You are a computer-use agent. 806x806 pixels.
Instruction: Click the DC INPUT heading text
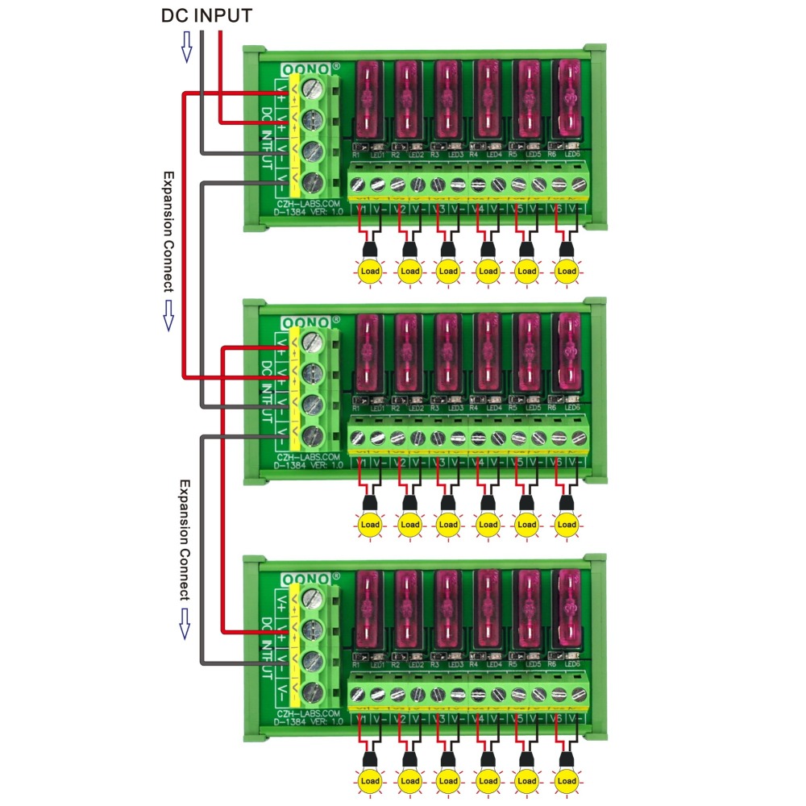coord(206,15)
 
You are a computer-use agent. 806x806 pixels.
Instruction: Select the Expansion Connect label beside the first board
coord(168,231)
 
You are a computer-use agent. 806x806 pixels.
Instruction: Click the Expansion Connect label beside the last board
coord(184,539)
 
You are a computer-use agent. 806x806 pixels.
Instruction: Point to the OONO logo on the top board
coord(306,70)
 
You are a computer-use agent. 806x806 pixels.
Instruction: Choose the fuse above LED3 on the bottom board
coord(448,609)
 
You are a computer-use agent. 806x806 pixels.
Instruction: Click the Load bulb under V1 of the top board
coord(370,271)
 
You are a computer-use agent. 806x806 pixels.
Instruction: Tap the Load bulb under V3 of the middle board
coord(448,525)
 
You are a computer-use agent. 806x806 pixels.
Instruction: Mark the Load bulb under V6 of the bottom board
coord(567,780)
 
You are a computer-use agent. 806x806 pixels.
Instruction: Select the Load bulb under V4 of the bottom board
coord(488,780)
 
